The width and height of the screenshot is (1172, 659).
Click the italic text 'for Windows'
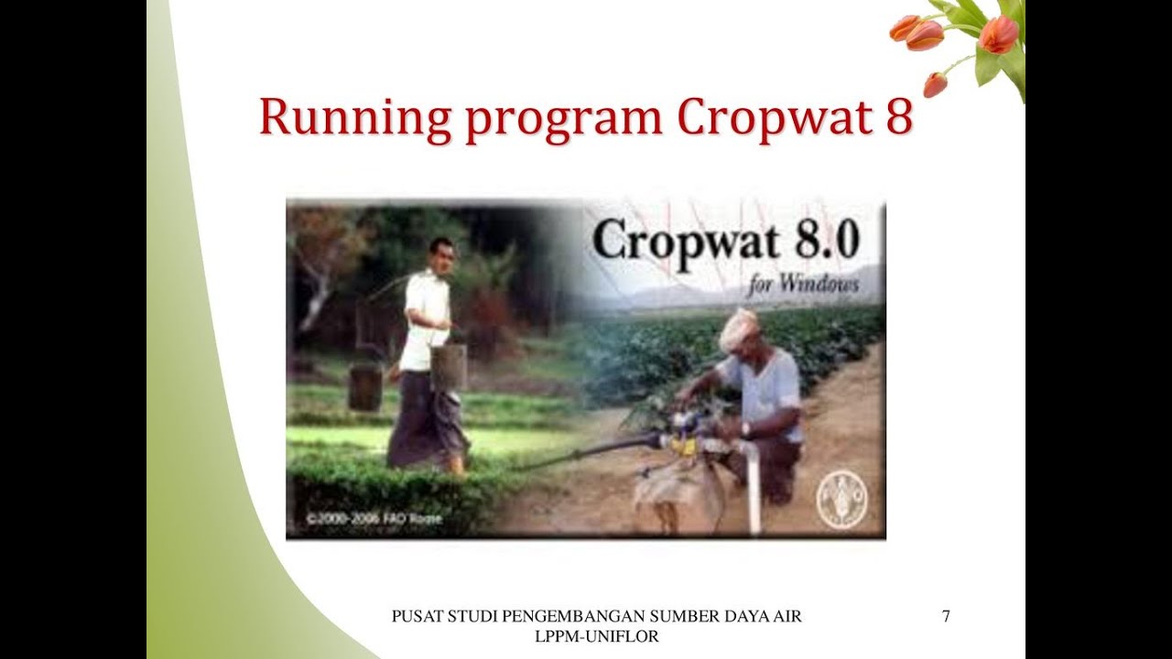click(803, 284)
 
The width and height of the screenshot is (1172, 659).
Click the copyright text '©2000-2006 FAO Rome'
click(374, 519)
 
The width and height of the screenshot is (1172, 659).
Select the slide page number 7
click(946, 617)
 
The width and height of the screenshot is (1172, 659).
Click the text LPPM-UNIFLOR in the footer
click(596, 637)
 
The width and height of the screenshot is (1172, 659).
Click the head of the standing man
click(441, 254)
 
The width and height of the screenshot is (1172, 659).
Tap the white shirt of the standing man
click(427, 316)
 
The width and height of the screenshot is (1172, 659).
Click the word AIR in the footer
click(787, 617)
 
